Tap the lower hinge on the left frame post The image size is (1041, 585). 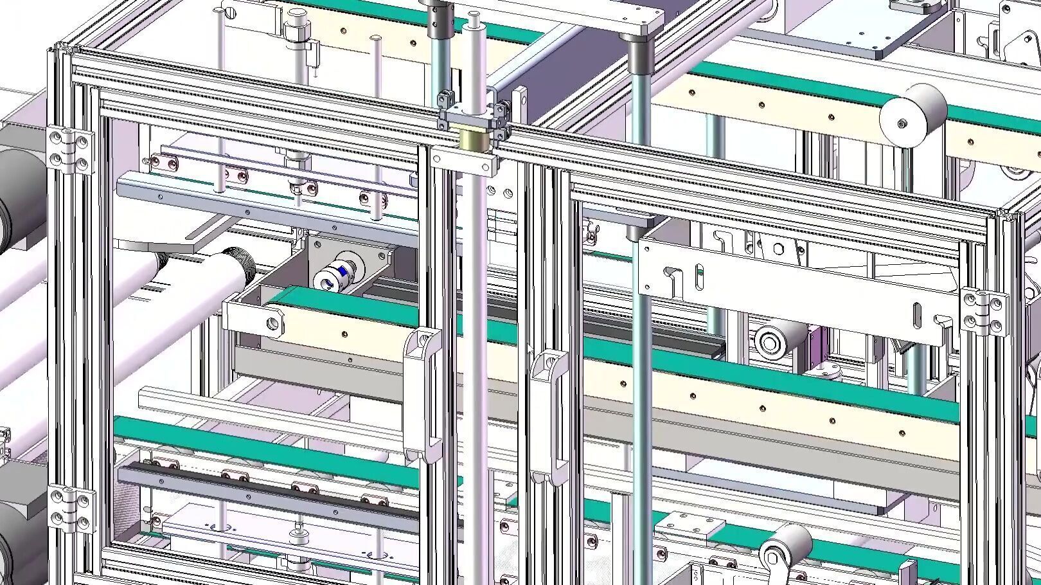click(71, 509)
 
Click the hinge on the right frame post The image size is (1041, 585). click(984, 312)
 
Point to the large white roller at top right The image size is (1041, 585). click(913, 114)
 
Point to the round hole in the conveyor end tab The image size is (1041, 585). click(272, 322)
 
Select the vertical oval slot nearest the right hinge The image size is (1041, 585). click(917, 315)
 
